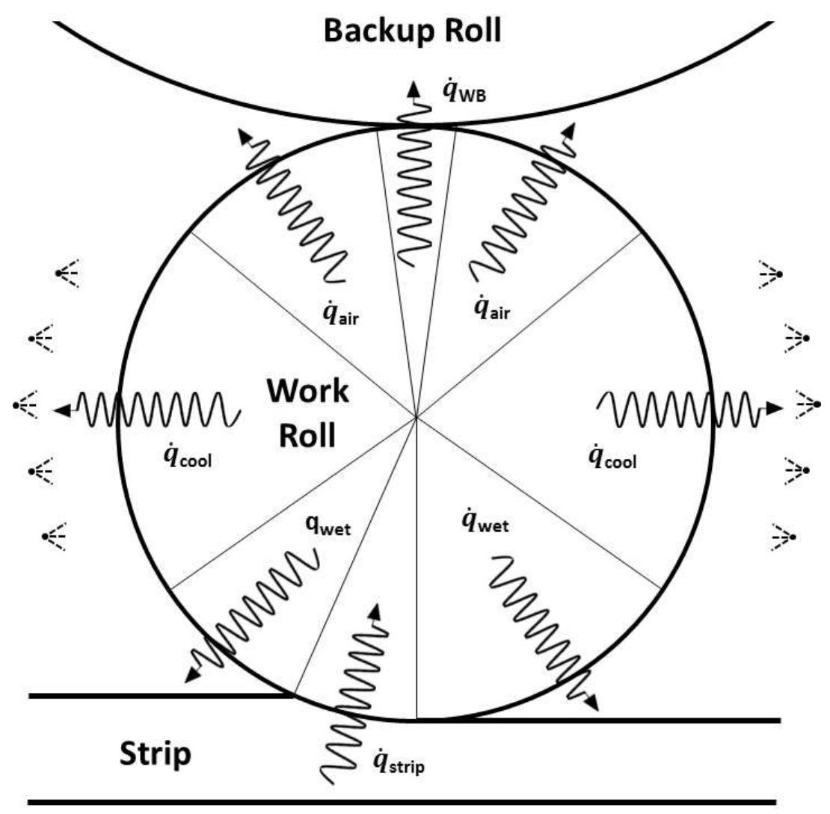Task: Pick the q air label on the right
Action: click(x=492, y=307)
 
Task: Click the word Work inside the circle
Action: click(x=307, y=391)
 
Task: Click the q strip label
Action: click(x=402, y=762)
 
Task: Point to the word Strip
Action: click(x=156, y=755)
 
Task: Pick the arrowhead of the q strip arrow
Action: click(x=375, y=608)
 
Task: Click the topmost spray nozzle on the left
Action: click(x=61, y=274)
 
